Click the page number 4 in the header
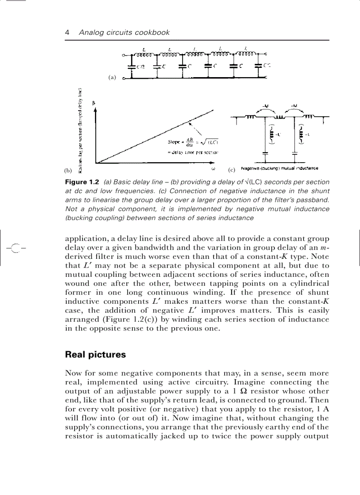pyautogui.click(x=67, y=33)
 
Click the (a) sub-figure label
pyautogui.click(x=112, y=77)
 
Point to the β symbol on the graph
pyautogui.click(x=94, y=103)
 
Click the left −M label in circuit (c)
pyautogui.click(x=265, y=106)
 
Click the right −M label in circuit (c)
pyautogui.click(x=294, y=106)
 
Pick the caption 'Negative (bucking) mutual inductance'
pyautogui.click(x=280, y=168)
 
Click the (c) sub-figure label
pyautogui.click(x=231, y=170)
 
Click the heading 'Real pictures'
pyautogui.click(x=95, y=354)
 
